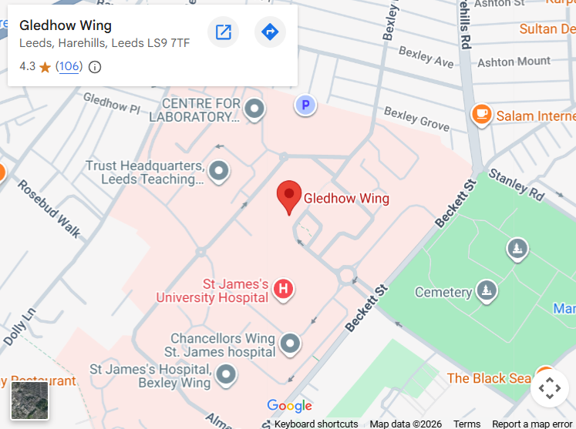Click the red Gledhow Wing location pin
coord(289,196)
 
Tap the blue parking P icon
coord(306,105)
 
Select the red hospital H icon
coord(283,290)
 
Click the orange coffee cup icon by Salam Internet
coord(482,115)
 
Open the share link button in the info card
coord(224,32)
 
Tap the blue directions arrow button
coord(270,32)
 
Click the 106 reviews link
coord(69,66)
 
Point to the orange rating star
coord(45,67)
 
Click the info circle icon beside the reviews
coord(95,67)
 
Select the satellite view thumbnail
coord(29,400)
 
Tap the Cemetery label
coord(443,293)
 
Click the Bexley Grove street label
coord(416,118)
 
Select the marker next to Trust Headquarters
coord(219,170)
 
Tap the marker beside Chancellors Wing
coord(290,343)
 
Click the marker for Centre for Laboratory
coord(254,109)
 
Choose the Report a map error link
coord(532,424)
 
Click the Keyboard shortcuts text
coord(316,424)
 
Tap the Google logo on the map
coord(289,406)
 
